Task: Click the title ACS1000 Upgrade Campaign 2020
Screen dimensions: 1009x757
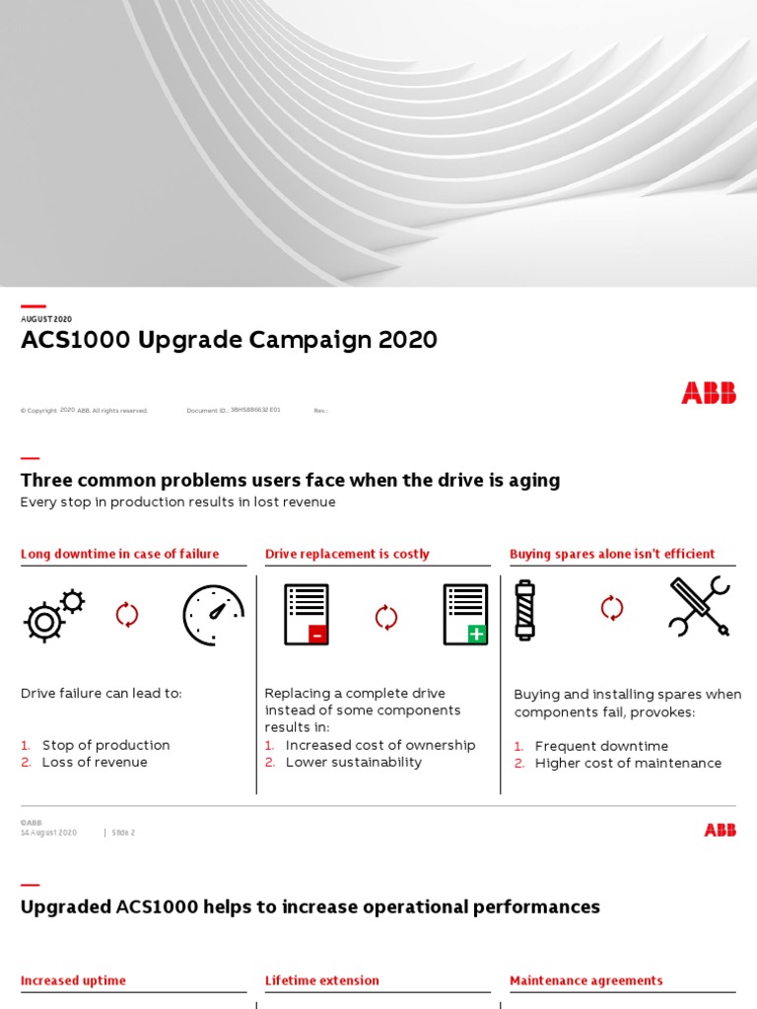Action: pyautogui.click(x=229, y=341)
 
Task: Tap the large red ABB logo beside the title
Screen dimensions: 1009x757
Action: pyautogui.click(x=708, y=393)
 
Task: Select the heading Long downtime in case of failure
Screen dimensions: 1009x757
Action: pyautogui.click(x=119, y=554)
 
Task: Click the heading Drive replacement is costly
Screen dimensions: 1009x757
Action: pyautogui.click(x=347, y=554)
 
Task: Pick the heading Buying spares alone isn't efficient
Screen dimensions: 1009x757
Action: pyautogui.click(x=612, y=554)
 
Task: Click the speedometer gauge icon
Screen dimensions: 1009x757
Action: pyautogui.click(x=213, y=615)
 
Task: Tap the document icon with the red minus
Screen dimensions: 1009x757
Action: pyautogui.click(x=307, y=615)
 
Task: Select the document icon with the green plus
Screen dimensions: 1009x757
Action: pyautogui.click(x=465, y=615)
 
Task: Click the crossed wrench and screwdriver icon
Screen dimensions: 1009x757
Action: pyautogui.click(x=699, y=607)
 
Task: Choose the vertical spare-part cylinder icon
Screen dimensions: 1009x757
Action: pyautogui.click(x=524, y=610)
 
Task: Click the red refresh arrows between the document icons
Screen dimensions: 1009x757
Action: pyautogui.click(x=385, y=617)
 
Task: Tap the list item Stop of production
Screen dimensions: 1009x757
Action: pyautogui.click(x=105, y=745)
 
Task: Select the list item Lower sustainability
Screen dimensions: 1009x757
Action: pyautogui.click(x=353, y=762)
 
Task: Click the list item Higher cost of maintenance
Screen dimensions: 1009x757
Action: pyautogui.click(x=628, y=763)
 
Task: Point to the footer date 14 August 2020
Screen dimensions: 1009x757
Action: pyautogui.click(x=48, y=833)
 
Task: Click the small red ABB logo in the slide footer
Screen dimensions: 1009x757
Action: pyautogui.click(x=720, y=830)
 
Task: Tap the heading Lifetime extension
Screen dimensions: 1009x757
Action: pyautogui.click(x=321, y=980)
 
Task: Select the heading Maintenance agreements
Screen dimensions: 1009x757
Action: pyautogui.click(x=585, y=980)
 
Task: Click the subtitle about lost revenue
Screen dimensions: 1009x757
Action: pyautogui.click(x=177, y=503)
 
